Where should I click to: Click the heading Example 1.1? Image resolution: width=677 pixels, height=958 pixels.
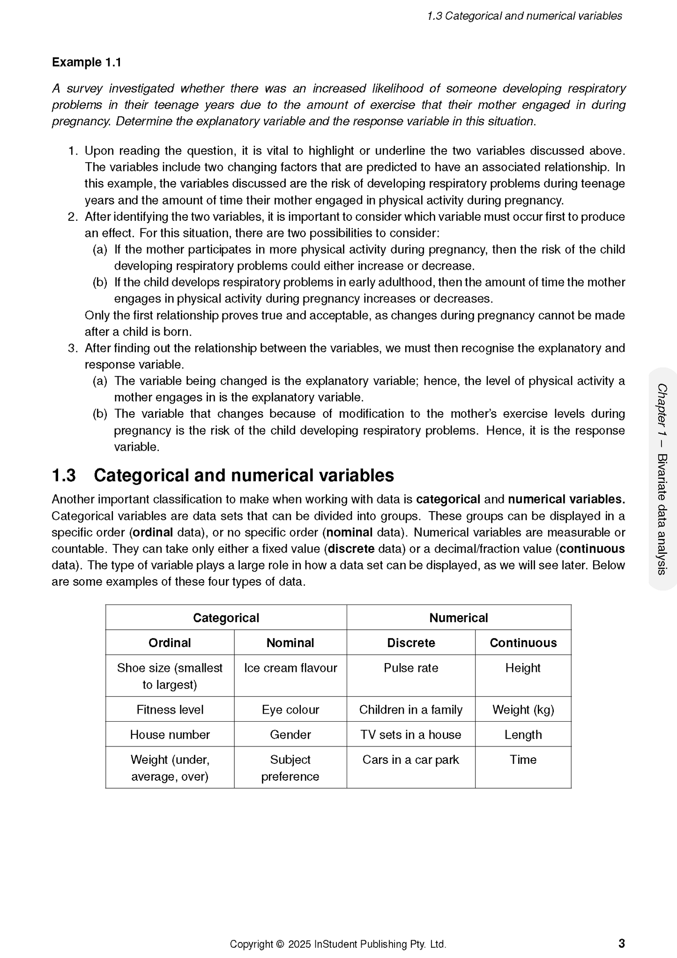click(86, 62)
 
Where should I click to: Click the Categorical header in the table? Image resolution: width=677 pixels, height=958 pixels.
click(226, 618)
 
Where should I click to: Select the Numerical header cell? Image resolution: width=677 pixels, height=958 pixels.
click(458, 618)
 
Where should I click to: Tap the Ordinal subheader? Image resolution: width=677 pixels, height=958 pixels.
click(170, 642)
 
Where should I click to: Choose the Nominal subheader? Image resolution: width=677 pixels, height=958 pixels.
click(290, 642)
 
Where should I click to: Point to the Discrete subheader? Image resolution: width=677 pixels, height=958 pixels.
click(411, 642)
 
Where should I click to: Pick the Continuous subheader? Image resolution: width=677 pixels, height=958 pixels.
click(523, 642)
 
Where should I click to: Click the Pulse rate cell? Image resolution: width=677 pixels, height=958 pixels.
click(411, 668)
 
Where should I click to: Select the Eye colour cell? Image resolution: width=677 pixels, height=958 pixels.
click(290, 709)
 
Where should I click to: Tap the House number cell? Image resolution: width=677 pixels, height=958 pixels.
click(170, 734)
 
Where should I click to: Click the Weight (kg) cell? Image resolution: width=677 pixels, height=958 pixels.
click(523, 709)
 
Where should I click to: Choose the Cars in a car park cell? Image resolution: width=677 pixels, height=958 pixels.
click(411, 760)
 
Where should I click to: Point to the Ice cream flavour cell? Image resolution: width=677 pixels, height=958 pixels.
click(290, 668)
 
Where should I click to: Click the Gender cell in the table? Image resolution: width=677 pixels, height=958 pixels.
click(290, 734)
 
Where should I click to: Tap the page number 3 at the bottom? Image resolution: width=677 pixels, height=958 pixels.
click(621, 943)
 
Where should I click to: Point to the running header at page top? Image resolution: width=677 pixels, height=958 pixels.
click(524, 16)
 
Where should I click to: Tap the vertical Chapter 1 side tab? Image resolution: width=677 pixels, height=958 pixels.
click(662, 478)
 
